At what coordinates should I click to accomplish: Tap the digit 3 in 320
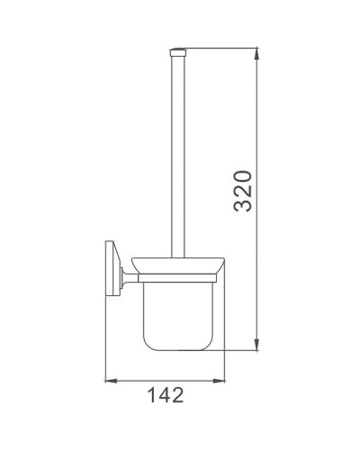[240, 209]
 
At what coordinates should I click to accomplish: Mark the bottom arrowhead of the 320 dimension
[259, 343]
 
